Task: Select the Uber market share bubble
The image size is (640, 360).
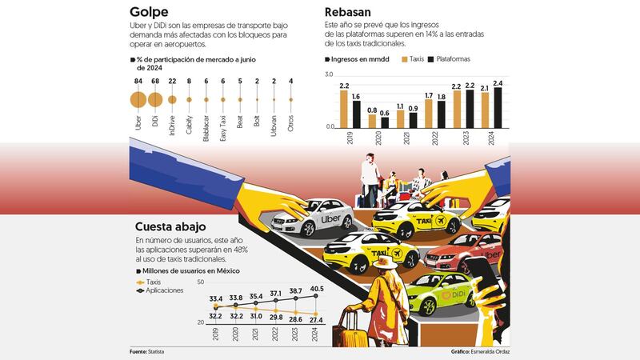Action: tap(138, 99)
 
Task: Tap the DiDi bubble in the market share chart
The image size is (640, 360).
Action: tap(155, 99)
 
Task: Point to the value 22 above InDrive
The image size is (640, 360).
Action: tap(172, 81)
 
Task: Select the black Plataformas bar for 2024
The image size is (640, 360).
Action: tap(498, 107)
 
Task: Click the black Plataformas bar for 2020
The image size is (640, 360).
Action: tap(385, 122)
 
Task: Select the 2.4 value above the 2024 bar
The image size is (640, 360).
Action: tap(498, 83)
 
